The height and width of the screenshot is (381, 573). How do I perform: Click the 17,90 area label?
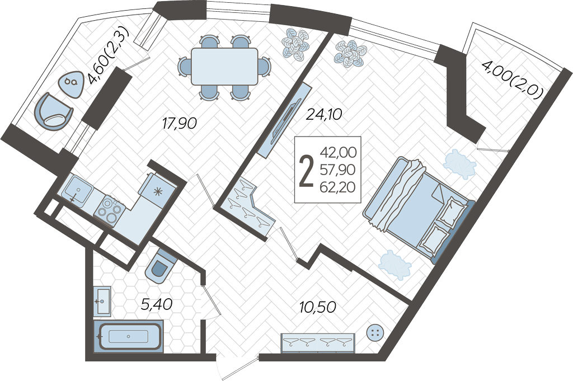pyautogui.click(x=180, y=124)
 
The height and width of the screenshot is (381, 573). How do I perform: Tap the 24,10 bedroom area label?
pyautogui.click(x=324, y=115)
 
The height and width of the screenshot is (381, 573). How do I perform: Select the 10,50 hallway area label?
pyautogui.click(x=318, y=307)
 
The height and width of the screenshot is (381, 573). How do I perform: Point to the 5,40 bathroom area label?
pyautogui.click(x=157, y=303)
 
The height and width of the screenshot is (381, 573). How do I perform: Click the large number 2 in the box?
pyautogui.click(x=306, y=171)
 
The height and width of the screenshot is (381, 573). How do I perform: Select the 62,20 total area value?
pyautogui.click(x=337, y=187)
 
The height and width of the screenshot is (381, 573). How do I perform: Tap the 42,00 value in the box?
pyautogui.click(x=338, y=152)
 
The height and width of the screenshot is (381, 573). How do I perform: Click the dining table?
pyautogui.click(x=224, y=67)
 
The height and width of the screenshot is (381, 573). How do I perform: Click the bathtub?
pyautogui.click(x=128, y=336)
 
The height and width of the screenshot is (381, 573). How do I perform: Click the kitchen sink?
pyautogui.click(x=77, y=188)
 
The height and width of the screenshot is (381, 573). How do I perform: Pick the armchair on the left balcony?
pyautogui.click(x=53, y=111)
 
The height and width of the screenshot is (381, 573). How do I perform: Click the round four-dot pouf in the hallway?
pyautogui.click(x=375, y=332)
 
